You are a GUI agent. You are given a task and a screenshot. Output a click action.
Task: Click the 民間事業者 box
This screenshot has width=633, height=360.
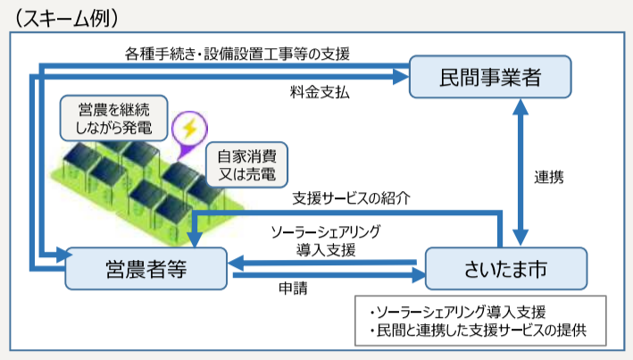490,77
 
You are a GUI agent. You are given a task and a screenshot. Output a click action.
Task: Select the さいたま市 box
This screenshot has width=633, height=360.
506,269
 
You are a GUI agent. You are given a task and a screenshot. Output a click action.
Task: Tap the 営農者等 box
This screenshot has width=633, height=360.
146,269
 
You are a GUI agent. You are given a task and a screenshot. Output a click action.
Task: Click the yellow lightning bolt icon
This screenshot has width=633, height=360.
190,129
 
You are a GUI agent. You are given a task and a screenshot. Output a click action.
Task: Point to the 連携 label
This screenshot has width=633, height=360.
548,177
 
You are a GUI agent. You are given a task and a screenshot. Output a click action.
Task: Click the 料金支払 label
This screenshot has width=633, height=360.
320,93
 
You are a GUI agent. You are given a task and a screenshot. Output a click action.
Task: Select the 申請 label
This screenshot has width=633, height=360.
293,288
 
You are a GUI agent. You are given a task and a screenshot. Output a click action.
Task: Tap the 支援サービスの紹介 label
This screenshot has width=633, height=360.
351,198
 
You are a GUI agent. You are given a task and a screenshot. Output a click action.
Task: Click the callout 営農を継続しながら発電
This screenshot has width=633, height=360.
114,119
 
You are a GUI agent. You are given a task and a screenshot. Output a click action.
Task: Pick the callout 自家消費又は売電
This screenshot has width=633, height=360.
246,165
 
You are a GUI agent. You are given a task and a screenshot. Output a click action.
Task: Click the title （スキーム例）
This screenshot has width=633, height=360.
67,18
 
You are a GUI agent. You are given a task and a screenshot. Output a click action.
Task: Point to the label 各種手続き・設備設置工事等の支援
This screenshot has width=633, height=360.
237,54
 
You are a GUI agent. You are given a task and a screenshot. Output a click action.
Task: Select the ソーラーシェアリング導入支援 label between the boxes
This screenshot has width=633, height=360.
326,241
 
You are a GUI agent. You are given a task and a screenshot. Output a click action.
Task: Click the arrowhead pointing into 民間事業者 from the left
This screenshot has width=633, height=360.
401,76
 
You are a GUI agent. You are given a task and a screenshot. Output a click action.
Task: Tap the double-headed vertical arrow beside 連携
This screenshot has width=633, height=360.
521,172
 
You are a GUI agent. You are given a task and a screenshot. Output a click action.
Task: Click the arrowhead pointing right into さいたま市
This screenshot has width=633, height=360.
418,275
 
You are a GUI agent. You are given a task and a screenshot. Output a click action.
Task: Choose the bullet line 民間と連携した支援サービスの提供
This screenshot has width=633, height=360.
478,331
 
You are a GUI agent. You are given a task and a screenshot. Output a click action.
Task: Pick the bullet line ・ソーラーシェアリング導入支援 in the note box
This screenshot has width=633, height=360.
457,313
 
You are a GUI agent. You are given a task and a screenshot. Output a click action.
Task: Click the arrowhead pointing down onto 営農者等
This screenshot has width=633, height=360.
195,239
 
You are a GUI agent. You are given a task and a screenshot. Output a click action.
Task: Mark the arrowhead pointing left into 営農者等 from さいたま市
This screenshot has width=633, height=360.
236,263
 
